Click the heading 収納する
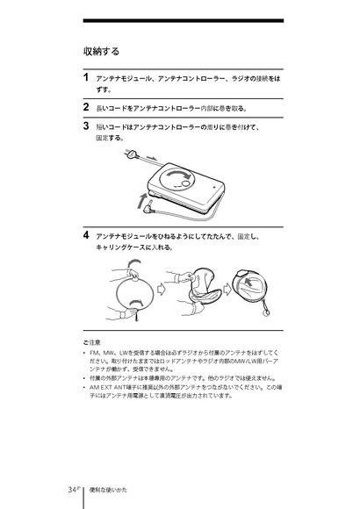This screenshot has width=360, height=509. coord(101,51)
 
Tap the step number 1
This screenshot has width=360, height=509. coord(86,77)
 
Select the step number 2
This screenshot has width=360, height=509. coord(86,107)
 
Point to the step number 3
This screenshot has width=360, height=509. coord(86,125)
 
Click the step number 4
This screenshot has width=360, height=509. coord(86,234)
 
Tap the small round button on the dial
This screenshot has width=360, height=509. coord(185,183)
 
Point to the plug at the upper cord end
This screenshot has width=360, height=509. coord(131,154)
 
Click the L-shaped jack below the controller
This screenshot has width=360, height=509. coord(148,208)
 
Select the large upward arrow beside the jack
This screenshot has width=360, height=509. coord(141,201)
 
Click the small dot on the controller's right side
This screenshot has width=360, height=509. coord(214,187)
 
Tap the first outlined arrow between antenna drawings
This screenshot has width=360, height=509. coord(161,288)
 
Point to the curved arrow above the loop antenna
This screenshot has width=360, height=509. coord(133,262)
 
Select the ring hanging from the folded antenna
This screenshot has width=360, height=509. coord(266,313)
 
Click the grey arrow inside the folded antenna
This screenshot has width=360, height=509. coord(249,282)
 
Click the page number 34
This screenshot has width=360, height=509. coord(72,490)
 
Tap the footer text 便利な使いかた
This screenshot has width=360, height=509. coord(108,490)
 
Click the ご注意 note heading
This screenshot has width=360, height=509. coord(91,342)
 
